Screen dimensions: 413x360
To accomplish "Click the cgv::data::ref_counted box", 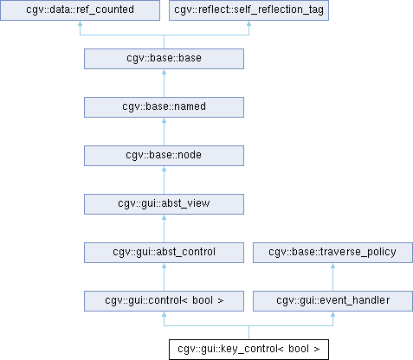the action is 80,10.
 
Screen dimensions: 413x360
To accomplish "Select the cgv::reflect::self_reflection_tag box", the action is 248,10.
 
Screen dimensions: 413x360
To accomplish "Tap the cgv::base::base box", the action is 164,59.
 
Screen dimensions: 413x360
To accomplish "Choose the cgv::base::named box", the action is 164,107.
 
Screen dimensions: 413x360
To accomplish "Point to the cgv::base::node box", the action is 164,156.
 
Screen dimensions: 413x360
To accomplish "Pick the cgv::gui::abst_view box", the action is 164,204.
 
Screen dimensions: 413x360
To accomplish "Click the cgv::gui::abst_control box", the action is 164,253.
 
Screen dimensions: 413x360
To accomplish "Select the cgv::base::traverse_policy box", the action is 332,253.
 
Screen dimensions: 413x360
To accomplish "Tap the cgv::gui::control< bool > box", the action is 164,301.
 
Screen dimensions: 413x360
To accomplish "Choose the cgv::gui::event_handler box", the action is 332,301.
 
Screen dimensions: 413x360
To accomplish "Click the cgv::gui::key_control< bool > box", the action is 248,350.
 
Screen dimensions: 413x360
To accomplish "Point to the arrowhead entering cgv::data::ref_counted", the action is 80,23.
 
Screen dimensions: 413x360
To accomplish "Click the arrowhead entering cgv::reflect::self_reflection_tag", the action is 248,23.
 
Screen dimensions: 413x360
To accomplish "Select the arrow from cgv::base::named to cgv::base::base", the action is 164,83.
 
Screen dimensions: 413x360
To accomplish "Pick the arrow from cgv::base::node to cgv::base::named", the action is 164,132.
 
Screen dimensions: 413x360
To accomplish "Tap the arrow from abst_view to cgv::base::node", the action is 164,180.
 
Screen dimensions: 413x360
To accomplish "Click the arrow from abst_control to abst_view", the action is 164,228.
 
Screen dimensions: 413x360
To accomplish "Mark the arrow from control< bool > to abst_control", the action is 164,277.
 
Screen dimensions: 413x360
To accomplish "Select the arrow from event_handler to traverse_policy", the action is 332,277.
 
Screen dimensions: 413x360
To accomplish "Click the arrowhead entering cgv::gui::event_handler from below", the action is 332,314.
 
